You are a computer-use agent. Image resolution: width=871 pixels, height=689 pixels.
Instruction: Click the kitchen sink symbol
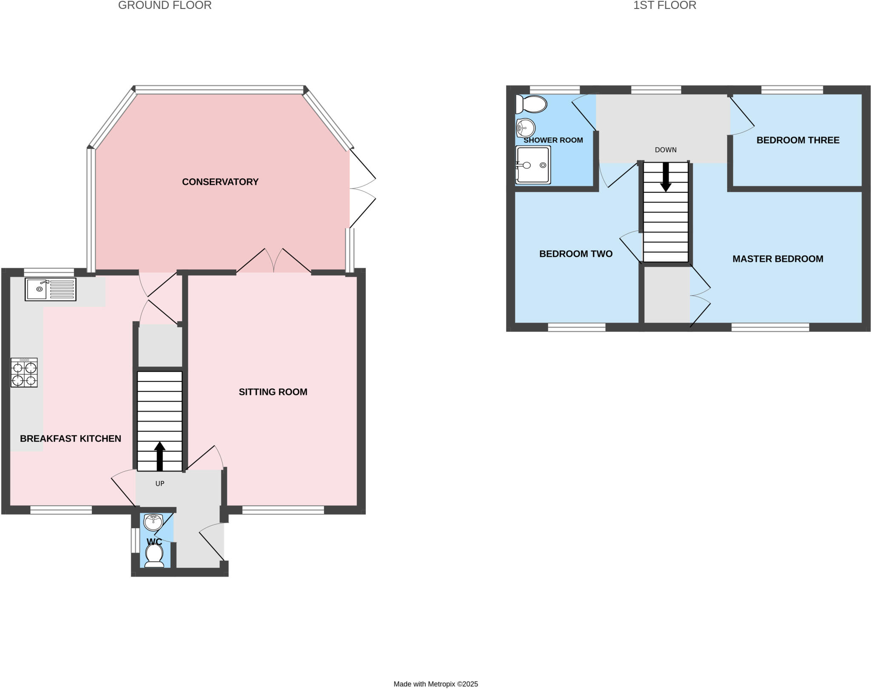tap(50, 289)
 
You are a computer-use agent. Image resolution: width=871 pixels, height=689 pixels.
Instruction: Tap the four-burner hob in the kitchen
tap(24, 373)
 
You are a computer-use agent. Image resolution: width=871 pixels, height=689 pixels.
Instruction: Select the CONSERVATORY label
tap(220, 182)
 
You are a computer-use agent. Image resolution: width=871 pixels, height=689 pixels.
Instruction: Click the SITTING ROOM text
tap(273, 392)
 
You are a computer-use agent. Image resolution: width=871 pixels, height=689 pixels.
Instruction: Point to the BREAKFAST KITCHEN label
tap(71, 438)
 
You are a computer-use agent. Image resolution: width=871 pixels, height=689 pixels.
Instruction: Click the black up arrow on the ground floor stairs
tap(159, 456)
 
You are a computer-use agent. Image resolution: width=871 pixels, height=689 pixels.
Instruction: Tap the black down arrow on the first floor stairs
tap(666, 177)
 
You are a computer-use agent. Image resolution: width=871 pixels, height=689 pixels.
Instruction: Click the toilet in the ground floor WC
tap(154, 555)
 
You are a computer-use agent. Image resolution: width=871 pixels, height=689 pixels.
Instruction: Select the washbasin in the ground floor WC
tap(153, 522)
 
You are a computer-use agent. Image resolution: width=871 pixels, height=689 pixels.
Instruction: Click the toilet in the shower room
tap(531, 104)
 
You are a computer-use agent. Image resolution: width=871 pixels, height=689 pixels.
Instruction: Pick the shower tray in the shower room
tap(533, 165)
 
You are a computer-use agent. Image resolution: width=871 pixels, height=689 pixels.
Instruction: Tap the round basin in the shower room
tap(526, 127)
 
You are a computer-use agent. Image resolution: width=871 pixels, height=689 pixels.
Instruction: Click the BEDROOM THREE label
tap(797, 140)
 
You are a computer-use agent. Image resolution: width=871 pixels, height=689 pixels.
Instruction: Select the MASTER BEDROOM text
tap(777, 259)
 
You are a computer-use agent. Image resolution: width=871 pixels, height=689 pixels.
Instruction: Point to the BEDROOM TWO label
tap(575, 254)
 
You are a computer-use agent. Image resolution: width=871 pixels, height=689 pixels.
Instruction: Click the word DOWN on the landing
tap(666, 150)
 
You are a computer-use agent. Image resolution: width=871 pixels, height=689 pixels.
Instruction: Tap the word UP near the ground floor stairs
tap(159, 484)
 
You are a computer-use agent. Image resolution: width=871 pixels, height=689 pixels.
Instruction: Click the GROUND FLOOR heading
tap(165, 6)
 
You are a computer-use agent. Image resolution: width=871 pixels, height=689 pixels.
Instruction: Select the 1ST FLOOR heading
tap(664, 6)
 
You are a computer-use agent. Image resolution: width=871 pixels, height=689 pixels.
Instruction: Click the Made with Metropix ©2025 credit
tap(435, 684)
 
